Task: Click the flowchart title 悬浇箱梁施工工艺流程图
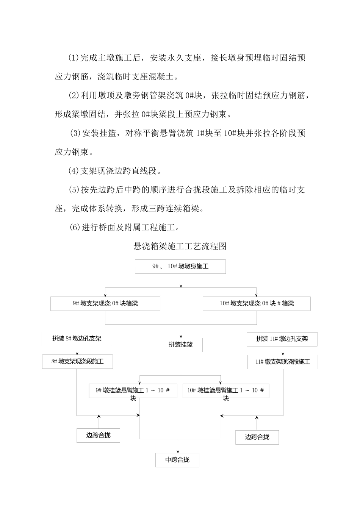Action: click(180, 247)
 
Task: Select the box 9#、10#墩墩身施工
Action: click(180, 267)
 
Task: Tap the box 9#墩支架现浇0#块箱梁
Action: click(105, 304)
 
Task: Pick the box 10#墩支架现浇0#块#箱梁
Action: click(257, 304)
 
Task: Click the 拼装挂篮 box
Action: click(181, 345)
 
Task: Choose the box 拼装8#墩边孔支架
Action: click(77, 339)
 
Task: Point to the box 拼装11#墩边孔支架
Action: click(282, 339)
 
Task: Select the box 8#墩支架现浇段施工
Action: click(77, 362)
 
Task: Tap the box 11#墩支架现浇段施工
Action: click(283, 362)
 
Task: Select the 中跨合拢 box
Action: click(177, 460)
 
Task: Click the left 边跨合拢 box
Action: click(99, 436)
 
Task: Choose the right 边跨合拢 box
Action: click(257, 437)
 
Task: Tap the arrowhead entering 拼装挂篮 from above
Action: click(181, 336)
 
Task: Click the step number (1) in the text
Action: click(73, 58)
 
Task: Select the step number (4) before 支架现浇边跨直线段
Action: click(73, 171)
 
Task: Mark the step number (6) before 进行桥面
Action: click(75, 227)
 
